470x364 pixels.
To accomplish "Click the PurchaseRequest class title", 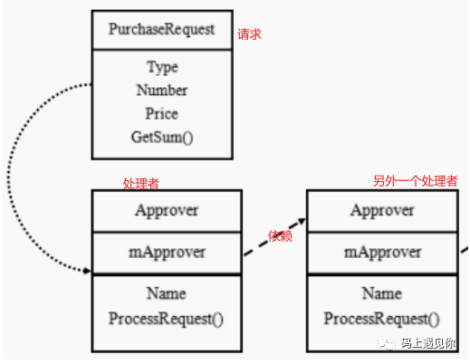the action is click(161, 30).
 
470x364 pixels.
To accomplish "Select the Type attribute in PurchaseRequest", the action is click(162, 67).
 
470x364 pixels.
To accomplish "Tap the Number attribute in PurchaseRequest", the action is click(162, 91).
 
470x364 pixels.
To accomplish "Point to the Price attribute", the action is click(162, 114).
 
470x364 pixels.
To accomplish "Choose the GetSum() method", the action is click(162, 138).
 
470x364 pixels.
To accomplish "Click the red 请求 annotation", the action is click(249, 34).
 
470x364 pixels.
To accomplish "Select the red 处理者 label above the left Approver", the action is click(141, 183).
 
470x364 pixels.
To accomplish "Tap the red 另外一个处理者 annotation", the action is click(416, 181).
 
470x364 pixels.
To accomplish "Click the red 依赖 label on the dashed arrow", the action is click(280, 236).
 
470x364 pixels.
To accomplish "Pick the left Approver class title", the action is click(167, 210).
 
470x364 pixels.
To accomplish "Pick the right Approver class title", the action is click(382, 210).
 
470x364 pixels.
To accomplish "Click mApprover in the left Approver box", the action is click(167, 253).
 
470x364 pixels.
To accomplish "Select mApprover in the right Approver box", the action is click(382, 253).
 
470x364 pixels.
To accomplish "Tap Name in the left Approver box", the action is click(167, 293).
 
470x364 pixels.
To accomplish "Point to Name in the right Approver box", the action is click(382, 293).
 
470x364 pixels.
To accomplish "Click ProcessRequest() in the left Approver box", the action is click(166, 319).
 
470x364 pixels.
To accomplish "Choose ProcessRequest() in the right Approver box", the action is click(381, 319).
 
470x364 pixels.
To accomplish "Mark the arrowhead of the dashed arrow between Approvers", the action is click(302, 221).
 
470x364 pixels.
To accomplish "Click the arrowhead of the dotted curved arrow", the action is click(87, 271).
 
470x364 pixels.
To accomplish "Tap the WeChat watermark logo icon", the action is click(387, 343).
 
